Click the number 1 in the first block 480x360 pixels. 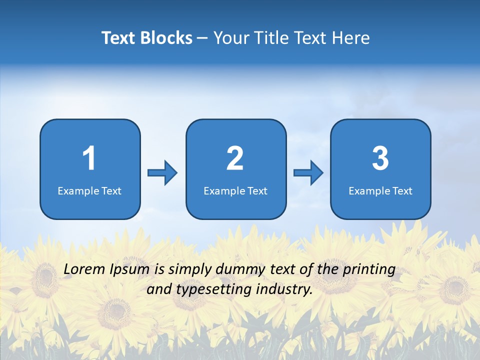coord(89,158)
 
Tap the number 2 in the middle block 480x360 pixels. coord(235,158)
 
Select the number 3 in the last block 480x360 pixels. coord(380,158)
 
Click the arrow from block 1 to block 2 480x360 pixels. coord(162,173)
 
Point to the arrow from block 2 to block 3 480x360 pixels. coord(308,173)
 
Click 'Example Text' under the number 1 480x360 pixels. coord(89,191)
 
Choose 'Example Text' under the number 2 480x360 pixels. coord(235,191)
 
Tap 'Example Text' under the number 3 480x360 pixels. coord(380,191)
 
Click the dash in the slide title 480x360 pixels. coord(203,38)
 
